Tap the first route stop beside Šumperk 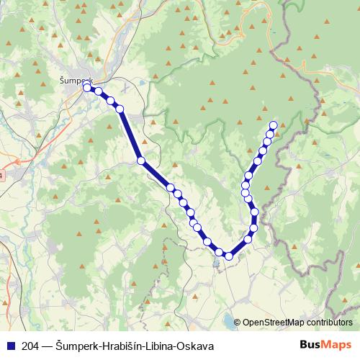[x=87, y=88]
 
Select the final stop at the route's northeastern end [x=273, y=125]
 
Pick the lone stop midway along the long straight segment [x=141, y=161]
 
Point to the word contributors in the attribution [x=329, y=323]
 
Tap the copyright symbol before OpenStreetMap [x=238, y=323]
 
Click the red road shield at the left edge [x=1, y=176]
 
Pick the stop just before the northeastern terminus [x=270, y=134]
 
